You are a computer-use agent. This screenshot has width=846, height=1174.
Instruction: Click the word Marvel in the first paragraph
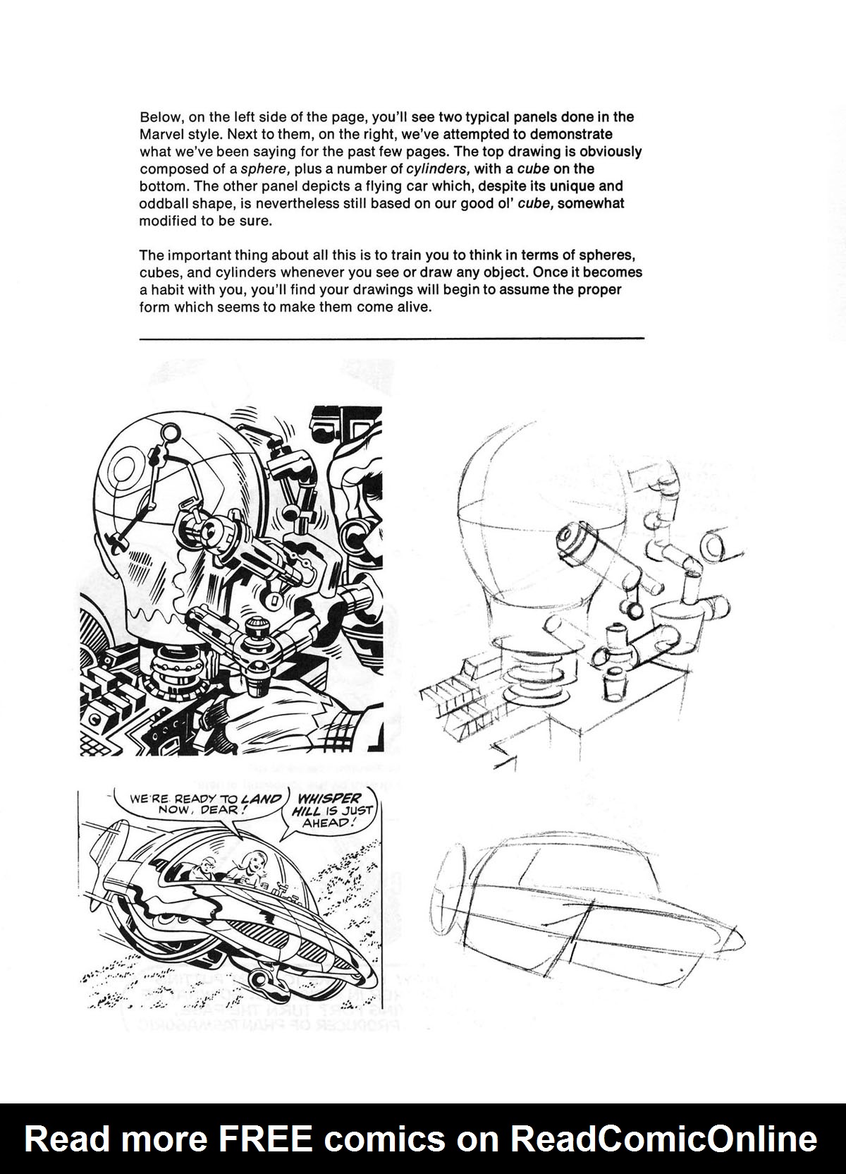(160, 135)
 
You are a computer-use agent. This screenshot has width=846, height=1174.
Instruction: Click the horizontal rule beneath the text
(392, 339)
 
